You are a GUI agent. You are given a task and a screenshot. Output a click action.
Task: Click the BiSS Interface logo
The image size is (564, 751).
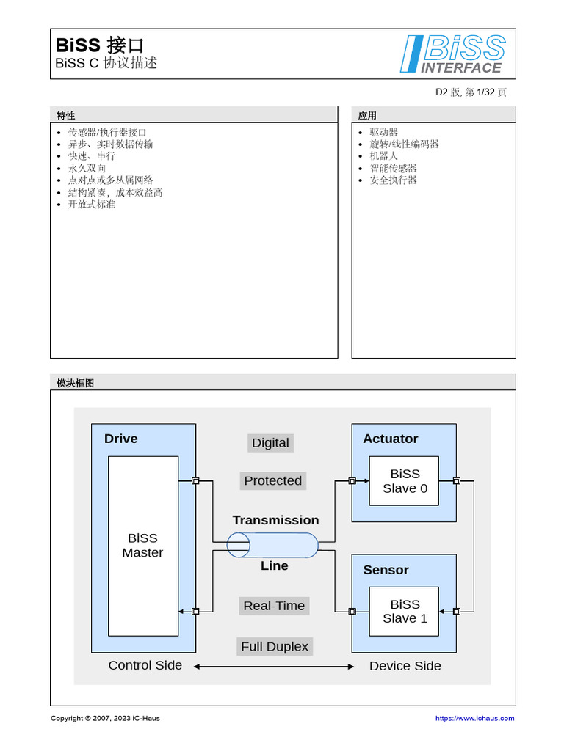point(453,54)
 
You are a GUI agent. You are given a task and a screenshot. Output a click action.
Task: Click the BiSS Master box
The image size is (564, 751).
point(142,546)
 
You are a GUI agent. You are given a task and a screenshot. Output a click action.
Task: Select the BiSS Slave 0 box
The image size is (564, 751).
point(404,481)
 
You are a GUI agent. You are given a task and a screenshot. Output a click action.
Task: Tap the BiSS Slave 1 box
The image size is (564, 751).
point(404,611)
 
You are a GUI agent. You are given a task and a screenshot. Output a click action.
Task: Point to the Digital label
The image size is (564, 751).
point(270,442)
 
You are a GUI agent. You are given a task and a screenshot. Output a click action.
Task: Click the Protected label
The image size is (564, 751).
point(272,480)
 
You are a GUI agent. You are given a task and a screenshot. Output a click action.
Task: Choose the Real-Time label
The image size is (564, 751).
point(273,606)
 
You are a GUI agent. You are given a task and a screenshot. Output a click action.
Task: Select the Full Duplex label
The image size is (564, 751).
point(275,646)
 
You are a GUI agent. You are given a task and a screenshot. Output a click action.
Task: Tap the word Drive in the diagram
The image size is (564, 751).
point(120,439)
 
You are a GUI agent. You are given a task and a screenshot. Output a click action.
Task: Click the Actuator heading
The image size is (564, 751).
point(390,439)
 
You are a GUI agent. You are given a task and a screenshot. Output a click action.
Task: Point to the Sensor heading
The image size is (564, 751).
point(386,570)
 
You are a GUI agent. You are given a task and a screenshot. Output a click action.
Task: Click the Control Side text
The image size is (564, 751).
point(145,665)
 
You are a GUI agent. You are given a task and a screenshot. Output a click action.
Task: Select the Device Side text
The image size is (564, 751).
point(405,666)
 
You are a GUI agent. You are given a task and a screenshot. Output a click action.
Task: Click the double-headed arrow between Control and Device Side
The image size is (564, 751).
point(274,667)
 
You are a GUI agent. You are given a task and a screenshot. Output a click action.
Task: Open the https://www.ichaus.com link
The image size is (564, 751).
point(474,718)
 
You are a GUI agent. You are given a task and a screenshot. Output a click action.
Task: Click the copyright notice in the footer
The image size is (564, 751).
point(105,718)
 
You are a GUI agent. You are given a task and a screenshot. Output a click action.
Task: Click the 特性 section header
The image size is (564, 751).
point(65,115)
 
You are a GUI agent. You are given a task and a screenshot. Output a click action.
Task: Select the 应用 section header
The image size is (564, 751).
point(367,115)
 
